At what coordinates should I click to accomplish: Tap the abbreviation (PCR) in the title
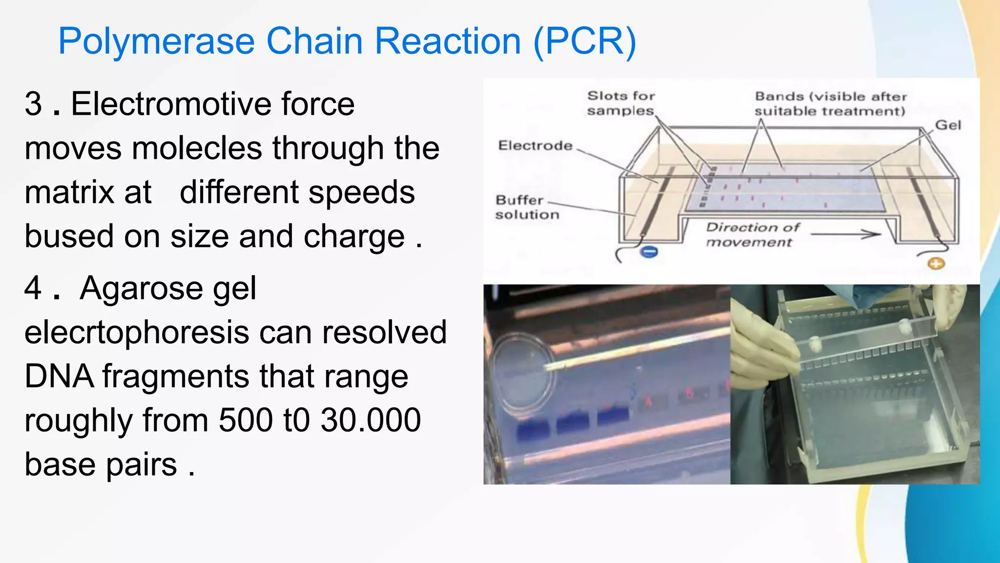point(584,41)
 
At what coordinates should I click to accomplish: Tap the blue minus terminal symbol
point(649,252)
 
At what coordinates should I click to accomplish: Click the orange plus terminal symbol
point(936,264)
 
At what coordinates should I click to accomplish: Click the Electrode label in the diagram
point(535,146)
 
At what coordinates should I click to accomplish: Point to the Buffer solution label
point(526,207)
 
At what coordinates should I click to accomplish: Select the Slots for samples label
point(620,103)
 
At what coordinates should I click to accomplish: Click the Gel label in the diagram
point(948,126)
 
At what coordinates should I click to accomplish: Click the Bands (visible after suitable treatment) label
point(830,104)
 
